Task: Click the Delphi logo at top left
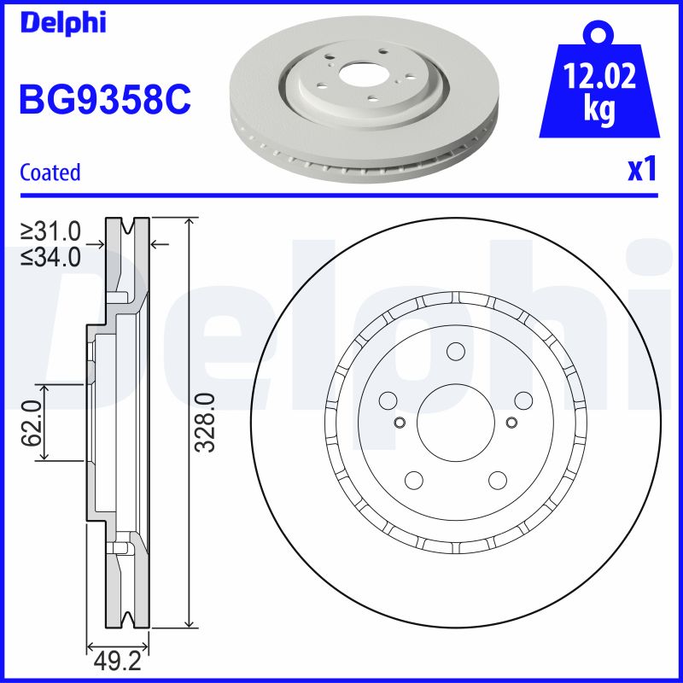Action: point(62,23)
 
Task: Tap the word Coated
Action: point(50,172)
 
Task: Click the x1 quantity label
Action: point(642,171)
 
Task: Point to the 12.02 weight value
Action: point(600,78)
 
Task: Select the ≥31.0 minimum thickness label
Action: point(51,231)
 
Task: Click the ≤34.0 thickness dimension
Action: point(51,255)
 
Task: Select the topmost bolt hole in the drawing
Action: point(454,353)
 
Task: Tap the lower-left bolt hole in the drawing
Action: point(414,479)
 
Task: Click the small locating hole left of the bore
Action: point(399,422)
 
